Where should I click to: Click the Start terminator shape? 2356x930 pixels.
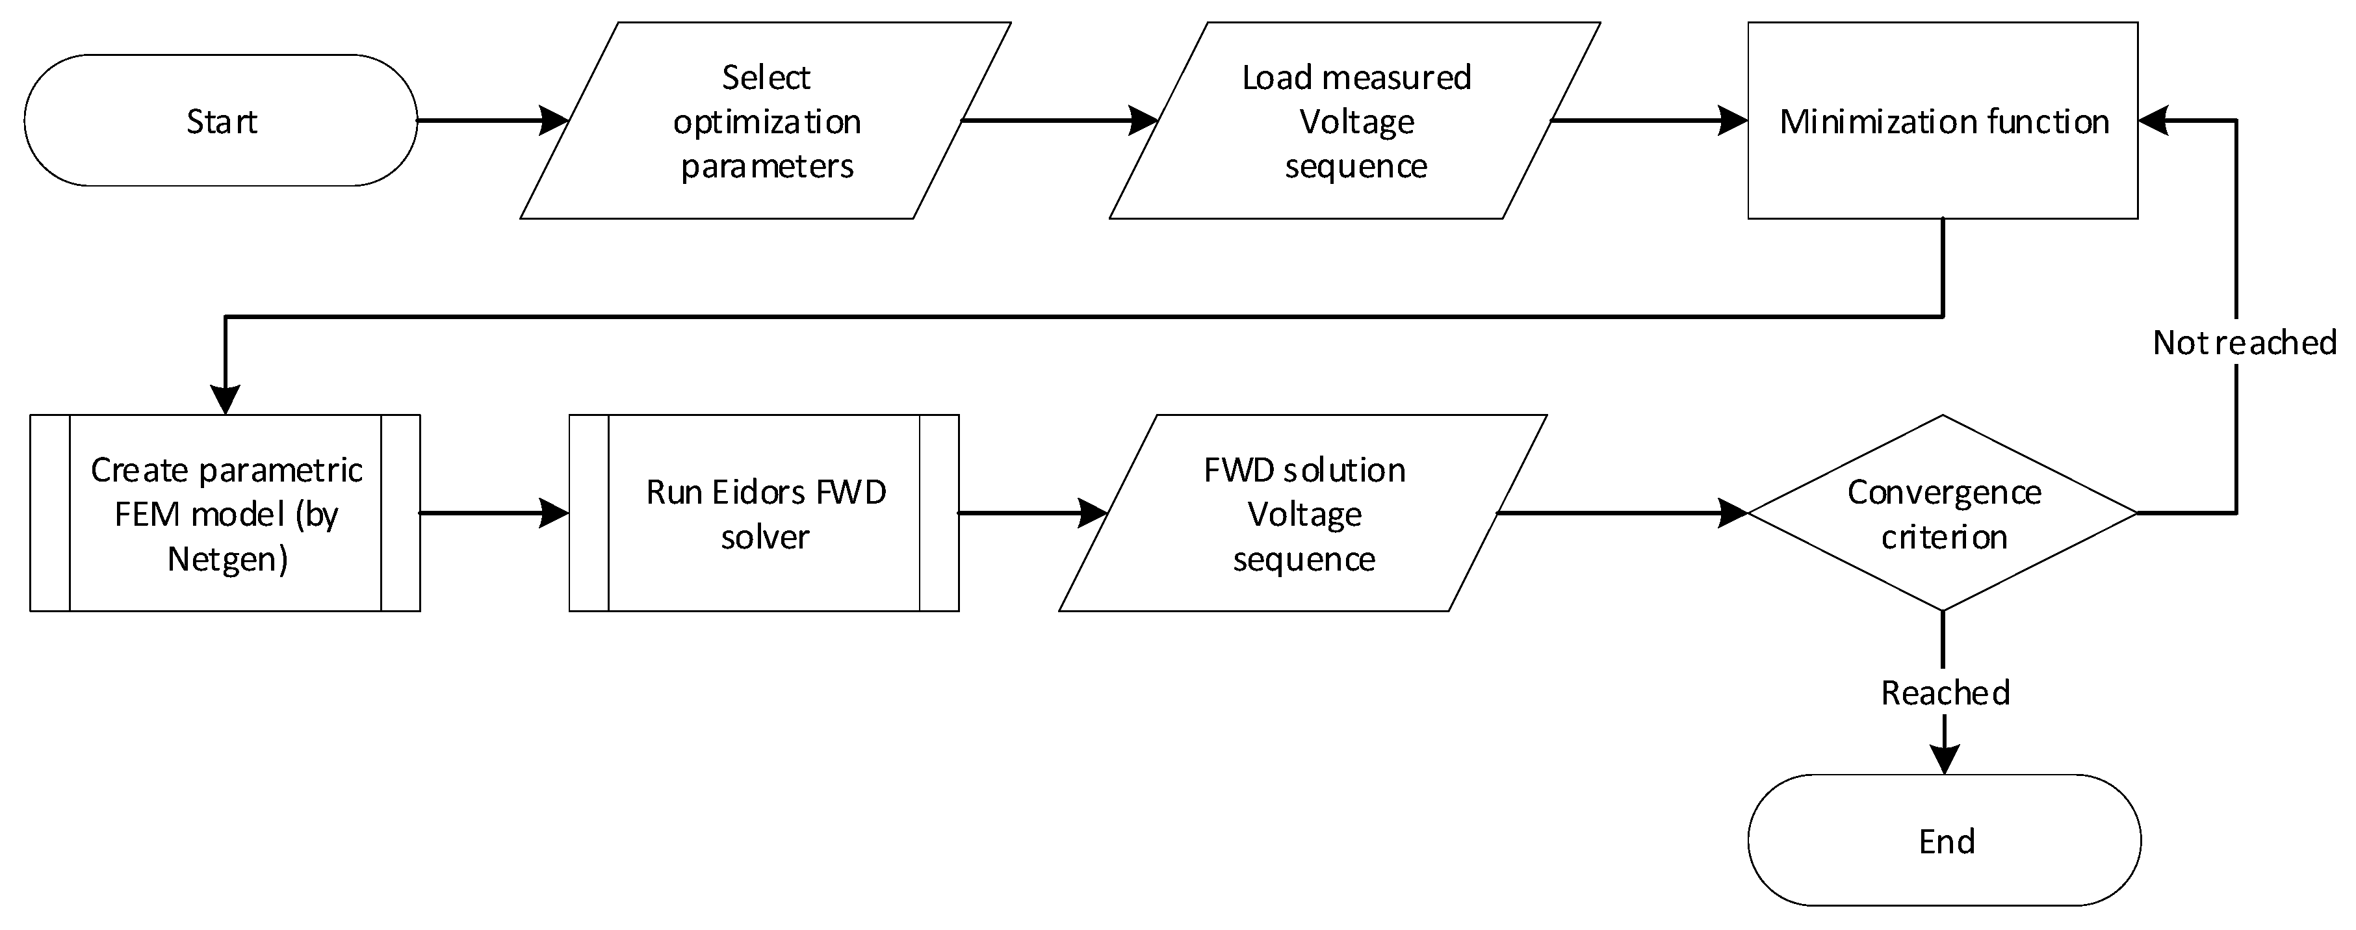coord(220,121)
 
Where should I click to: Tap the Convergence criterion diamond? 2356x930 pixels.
coord(1943,513)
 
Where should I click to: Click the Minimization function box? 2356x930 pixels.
coord(1943,121)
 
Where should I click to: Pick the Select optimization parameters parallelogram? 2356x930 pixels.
coord(766,121)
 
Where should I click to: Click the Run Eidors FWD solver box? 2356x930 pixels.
coord(764,513)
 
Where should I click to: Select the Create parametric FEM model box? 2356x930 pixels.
coord(225,513)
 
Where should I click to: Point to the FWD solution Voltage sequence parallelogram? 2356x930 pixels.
coord(1303,513)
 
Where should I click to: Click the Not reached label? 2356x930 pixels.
coord(2244,342)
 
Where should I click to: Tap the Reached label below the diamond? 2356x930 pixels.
coord(1945,692)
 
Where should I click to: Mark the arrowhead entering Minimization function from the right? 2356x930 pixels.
coord(2154,121)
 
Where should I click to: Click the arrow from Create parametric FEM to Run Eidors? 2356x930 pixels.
coord(494,513)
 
